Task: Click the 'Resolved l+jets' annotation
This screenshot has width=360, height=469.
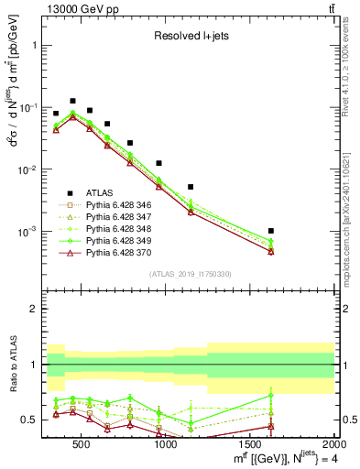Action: (x=190, y=37)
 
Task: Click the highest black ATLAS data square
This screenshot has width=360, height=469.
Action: (x=73, y=101)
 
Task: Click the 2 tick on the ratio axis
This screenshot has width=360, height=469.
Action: (x=32, y=310)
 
